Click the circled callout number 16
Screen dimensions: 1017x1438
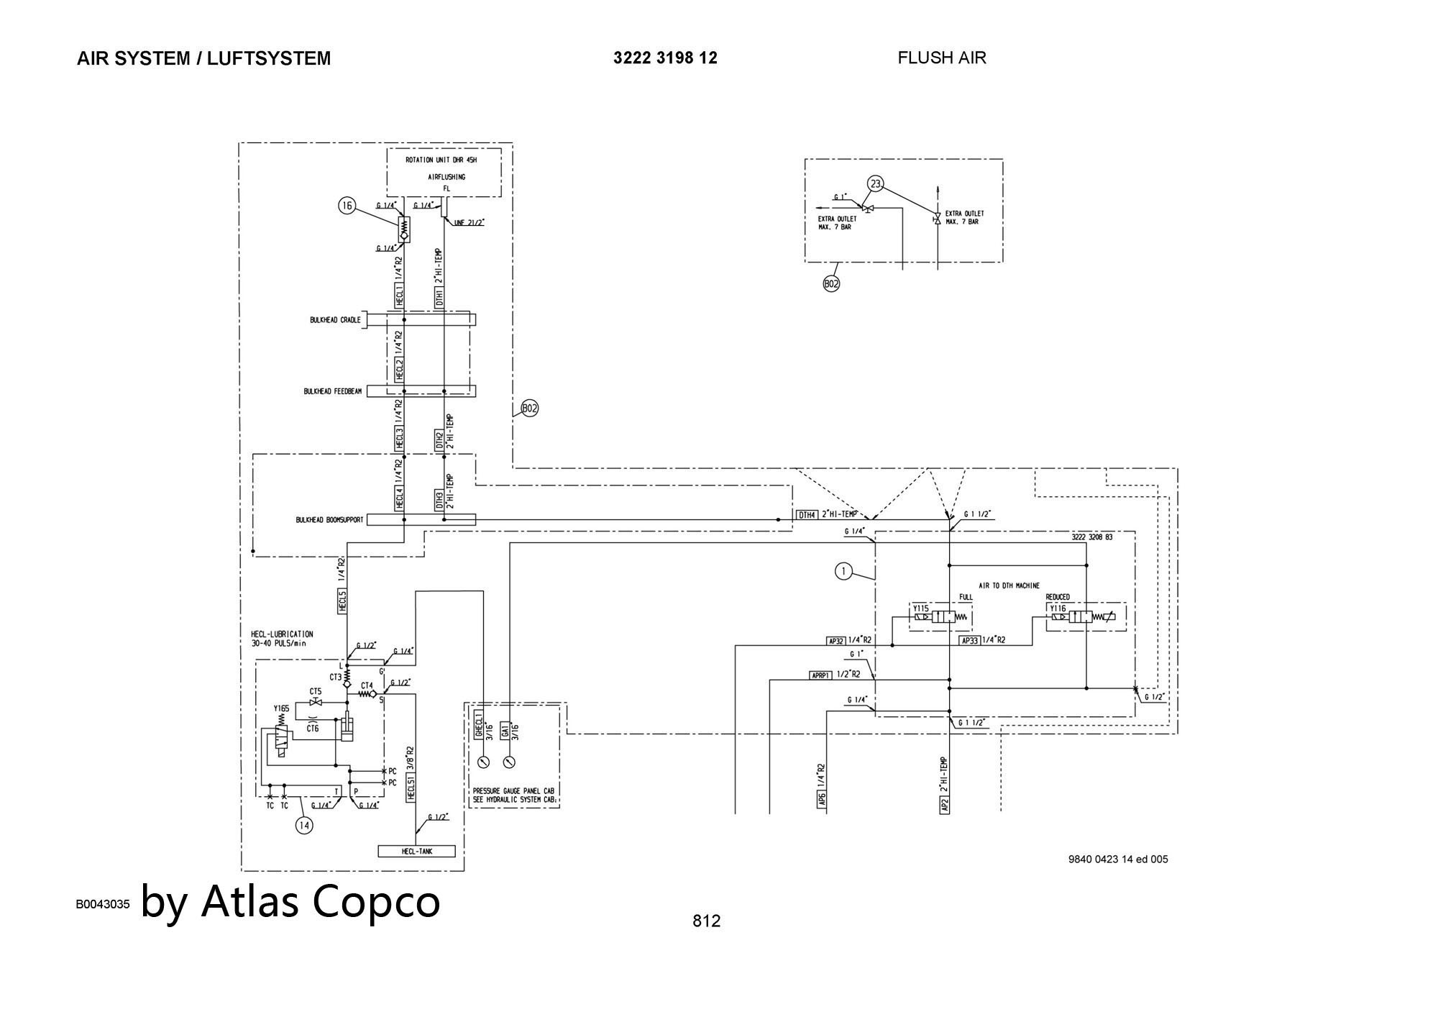(x=347, y=206)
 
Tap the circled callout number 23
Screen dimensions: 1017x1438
(x=875, y=183)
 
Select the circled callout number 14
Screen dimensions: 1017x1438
(x=304, y=825)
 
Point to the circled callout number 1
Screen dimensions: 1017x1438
(x=843, y=572)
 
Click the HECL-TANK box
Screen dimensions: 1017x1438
(x=416, y=852)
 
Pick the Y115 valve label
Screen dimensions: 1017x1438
(x=920, y=608)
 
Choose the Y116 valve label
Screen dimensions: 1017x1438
(x=1058, y=608)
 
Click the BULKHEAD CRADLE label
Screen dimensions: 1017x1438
(x=335, y=320)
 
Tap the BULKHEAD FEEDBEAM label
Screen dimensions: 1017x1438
(x=332, y=392)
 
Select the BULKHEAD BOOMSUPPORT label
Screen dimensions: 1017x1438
(x=329, y=520)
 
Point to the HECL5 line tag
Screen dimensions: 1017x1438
(x=343, y=601)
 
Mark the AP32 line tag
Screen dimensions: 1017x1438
(x=835, y=640)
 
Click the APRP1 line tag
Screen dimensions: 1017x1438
(x=820, y=675)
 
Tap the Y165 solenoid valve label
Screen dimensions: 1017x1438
(x=281, y=708)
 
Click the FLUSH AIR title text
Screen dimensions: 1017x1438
(x=941, y=58)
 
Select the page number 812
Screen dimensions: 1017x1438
(x=706, y=921)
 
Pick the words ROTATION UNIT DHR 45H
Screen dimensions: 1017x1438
(x=441, y=160)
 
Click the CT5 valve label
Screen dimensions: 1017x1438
(x=316, y=691)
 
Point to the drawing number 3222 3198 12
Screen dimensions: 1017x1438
(x=665, y=58)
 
